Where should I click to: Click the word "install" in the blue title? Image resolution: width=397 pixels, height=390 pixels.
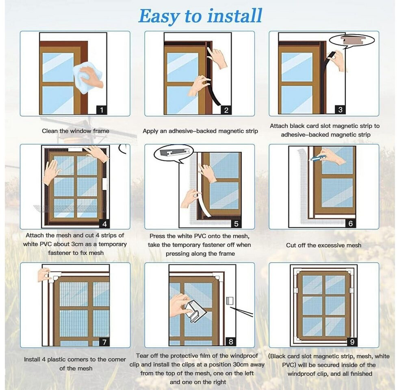234,16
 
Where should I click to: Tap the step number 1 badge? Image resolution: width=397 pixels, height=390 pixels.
102,110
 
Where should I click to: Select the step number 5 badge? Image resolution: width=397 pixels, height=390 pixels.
236,224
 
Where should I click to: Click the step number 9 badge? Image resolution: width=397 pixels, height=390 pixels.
352,342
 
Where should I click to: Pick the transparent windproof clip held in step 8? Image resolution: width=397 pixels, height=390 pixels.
195,311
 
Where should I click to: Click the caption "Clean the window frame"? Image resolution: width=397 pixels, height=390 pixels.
76,131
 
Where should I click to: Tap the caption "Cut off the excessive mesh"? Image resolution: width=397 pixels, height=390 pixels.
323,245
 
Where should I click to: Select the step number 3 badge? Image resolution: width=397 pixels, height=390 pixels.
340,110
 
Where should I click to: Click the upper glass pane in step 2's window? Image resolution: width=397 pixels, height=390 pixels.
182,67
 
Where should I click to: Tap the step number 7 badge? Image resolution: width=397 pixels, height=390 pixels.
104,342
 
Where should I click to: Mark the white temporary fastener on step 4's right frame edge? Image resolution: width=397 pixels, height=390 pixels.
104,184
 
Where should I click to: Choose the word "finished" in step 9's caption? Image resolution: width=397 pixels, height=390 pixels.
361,374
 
